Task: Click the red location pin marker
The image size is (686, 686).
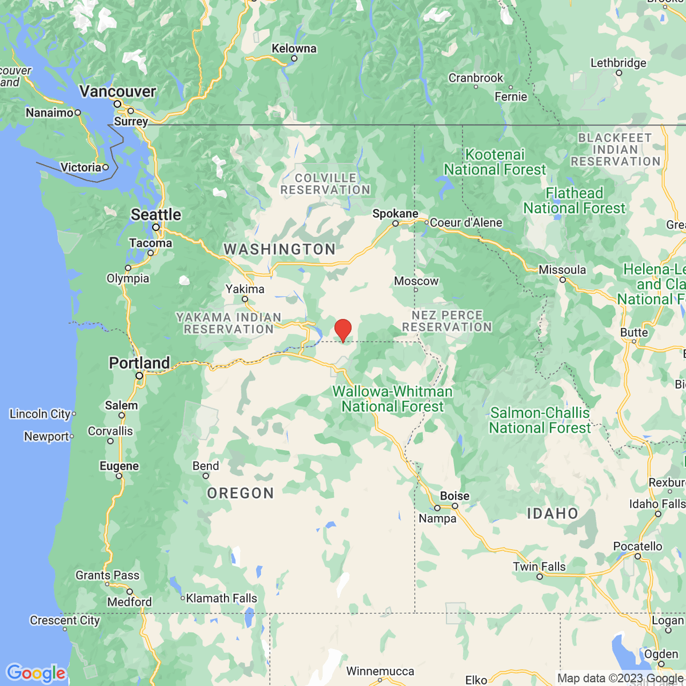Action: (342, 330)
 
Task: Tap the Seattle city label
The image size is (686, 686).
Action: (155, 214)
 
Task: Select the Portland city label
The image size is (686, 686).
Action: (139, 363)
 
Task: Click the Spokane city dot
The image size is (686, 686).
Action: (395, 224)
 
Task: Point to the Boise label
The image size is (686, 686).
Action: (454, 496)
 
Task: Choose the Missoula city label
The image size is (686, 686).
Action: (562, 270)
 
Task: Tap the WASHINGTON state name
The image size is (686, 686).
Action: (280, 249)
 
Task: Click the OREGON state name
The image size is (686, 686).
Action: (241, 493)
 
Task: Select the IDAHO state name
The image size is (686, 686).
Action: (552, 513)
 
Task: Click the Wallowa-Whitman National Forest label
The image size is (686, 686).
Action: (393, 399)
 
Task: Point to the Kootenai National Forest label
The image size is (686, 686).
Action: (495, 162)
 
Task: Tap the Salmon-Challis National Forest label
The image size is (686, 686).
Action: (540, 420)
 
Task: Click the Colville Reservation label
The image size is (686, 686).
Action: (325, 184)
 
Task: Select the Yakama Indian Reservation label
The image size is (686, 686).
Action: (229, 323)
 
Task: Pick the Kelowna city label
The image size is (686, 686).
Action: (294, 49)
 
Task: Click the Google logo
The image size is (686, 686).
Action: (35, 673)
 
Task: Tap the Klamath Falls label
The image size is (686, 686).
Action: (221, 598)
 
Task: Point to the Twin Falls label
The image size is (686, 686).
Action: (539, 567)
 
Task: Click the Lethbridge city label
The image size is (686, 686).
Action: (618, 63)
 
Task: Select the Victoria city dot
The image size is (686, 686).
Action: (106, 167)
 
